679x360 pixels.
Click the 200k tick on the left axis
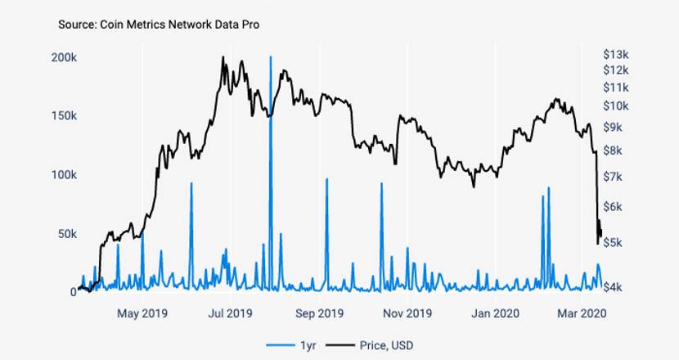(x=64, y=58)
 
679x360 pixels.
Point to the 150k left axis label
(x=64, y=116)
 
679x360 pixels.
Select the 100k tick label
(x=64, y=175)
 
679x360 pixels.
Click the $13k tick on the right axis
(x=615, y=54)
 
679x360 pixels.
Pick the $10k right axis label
(x=615, y=106)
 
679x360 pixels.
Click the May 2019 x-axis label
(x=142, y=313)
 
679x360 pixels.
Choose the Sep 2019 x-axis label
(x=319, y=313)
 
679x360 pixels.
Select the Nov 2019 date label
(x=407, y=313)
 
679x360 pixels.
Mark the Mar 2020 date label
(x=581, y=313)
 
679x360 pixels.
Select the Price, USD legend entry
(x=380, y=345)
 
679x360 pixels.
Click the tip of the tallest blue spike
(x=270, y=56)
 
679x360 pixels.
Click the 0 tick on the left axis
(x=73, y=292)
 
